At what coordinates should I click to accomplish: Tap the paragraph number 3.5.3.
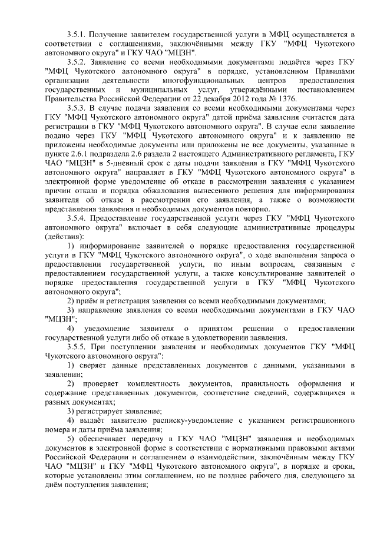(78, 109)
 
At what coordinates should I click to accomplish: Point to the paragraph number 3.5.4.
(78, 219)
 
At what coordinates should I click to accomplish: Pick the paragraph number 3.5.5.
(78, 347)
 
